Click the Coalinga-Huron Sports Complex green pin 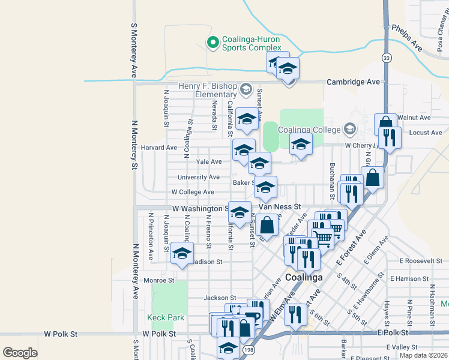[212, 42]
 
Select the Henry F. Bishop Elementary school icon [245, 90]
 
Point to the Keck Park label [166, 317]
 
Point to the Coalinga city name [304, 277]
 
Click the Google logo [20, 353]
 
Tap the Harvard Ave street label [159, 147]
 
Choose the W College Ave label [192, 192]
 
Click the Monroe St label [159, 280]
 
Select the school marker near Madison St [181, 253]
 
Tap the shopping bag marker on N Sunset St [268, 224]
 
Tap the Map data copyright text [423, 355]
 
